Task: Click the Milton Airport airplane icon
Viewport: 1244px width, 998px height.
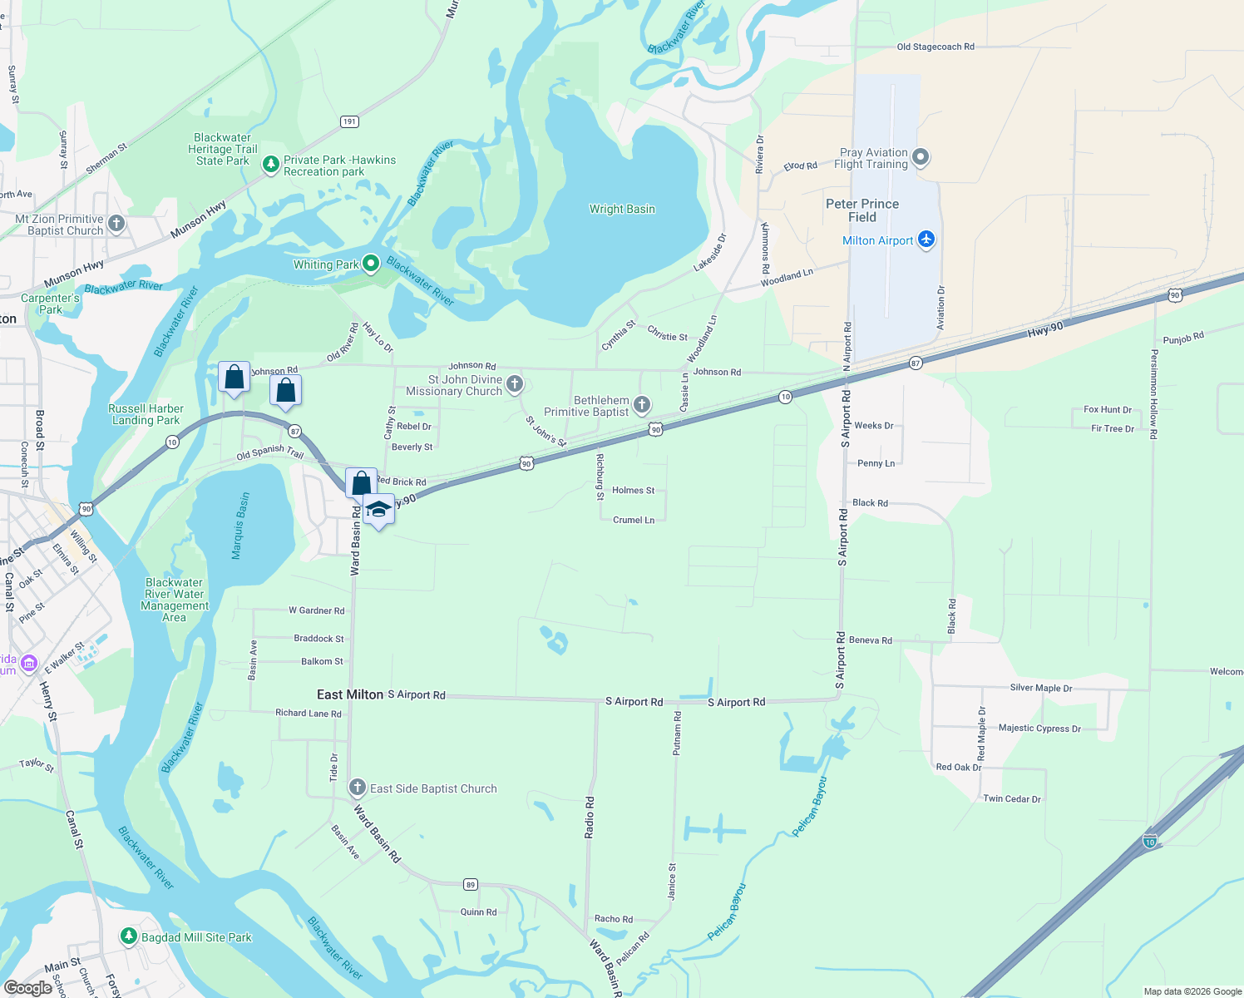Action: point(926,240)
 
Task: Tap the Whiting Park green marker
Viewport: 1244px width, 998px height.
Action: point(371,264)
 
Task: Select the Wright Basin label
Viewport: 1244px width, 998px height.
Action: point(622,209)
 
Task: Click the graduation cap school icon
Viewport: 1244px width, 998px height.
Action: point(378,509)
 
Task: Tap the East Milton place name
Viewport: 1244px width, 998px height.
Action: point(350,694)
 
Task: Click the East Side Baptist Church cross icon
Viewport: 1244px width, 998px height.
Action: point(358,788)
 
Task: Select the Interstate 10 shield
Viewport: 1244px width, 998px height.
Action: point(1150,841)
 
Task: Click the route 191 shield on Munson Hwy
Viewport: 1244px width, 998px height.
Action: point(349,121)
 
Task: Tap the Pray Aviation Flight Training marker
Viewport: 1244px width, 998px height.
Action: point(921,157)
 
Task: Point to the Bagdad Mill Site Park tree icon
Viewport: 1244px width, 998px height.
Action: point(128,936)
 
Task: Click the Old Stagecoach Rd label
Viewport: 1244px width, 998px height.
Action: point(935,47)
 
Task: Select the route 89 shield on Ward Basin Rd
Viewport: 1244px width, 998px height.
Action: point(471,884)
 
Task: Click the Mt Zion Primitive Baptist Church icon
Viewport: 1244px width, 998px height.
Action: point(116,223)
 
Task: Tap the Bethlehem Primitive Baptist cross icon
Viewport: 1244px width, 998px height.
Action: point(642,405)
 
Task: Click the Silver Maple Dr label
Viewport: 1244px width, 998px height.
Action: point(1040,688)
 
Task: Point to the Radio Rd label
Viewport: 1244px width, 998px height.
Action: point(590,817)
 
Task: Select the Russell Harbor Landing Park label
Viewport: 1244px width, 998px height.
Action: point(146,414)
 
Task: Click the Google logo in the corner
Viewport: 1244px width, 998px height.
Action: point(28,987)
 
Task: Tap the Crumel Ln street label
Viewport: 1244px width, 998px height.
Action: point(634,520)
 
